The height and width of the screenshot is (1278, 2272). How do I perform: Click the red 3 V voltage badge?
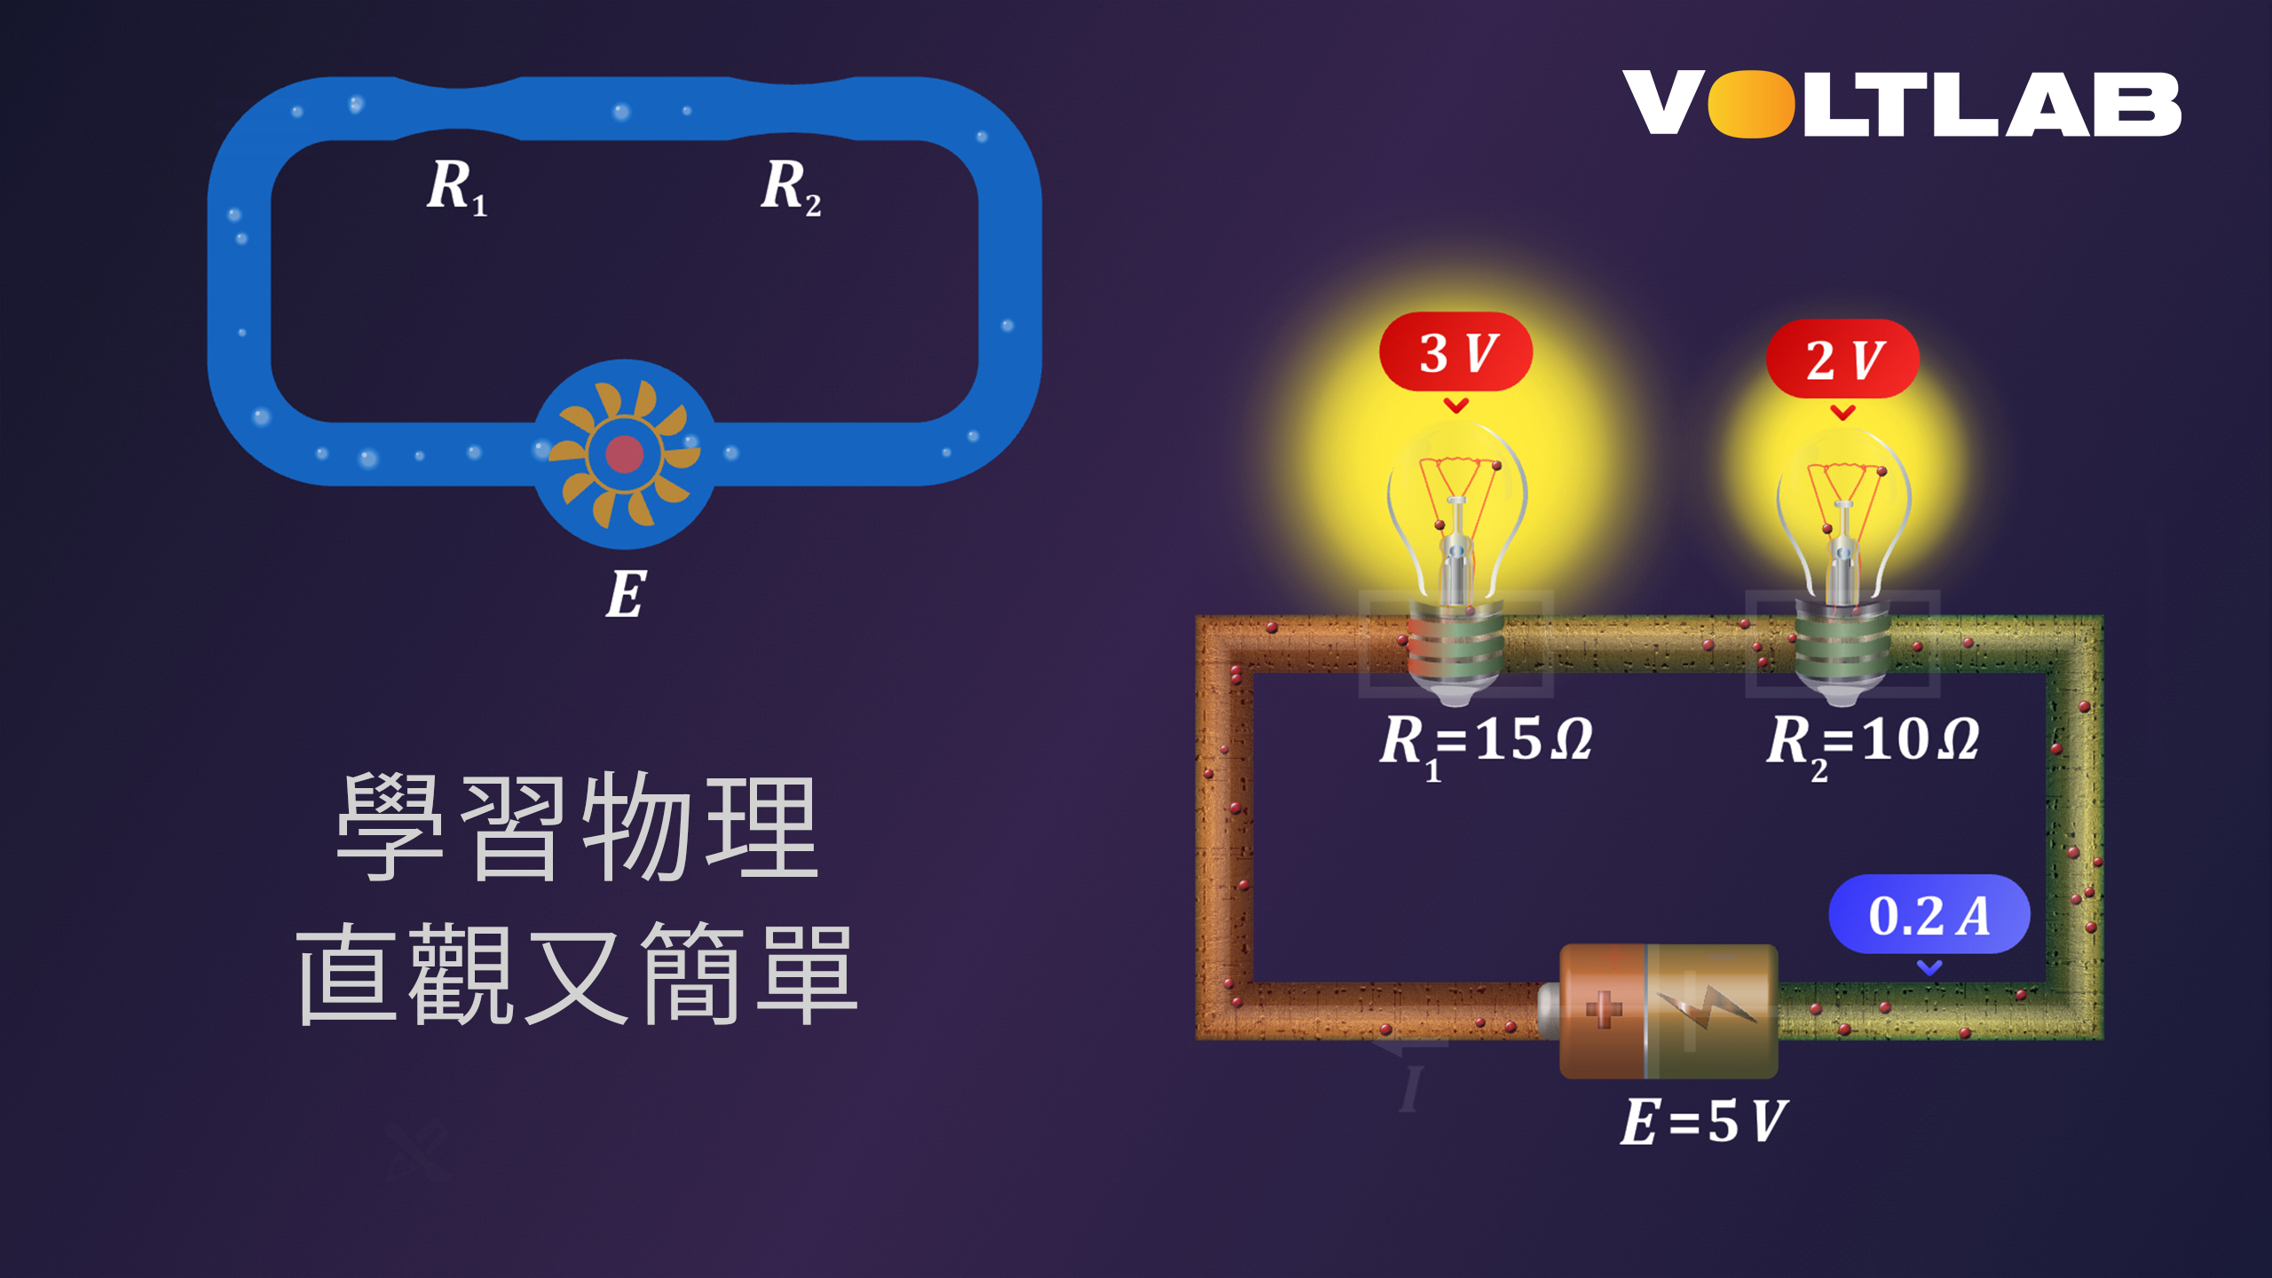[x=1455, y=352]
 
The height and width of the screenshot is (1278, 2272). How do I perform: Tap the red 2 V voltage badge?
[x=1842, y=359]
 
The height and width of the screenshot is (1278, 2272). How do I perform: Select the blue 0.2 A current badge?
[x=1929, y=915]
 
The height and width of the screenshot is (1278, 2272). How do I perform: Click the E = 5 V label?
[x=1703, y=1121]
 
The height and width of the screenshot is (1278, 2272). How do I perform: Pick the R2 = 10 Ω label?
[x=1873, y=741]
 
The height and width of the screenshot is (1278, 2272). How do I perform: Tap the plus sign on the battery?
[x=1603, y=1009]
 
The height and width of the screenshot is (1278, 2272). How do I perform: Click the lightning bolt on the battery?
[x=1708, y=1007]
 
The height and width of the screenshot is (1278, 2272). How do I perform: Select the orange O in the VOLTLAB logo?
[x=1751, y=105]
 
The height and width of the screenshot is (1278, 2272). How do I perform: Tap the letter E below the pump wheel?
[x=626, y=594]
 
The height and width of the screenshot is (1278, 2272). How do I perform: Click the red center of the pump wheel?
[x=624, y=454]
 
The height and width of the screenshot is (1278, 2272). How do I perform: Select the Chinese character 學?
[x=390, y=826]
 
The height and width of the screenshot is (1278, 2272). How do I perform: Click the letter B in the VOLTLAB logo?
[x=2140, y=105]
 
